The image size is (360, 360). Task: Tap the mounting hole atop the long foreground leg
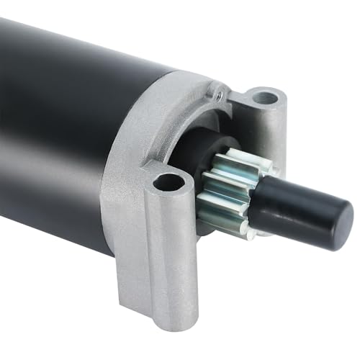coord(168,181)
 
